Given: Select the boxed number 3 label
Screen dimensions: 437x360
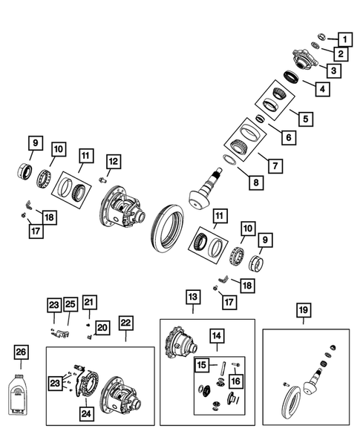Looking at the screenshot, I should click(335, 71).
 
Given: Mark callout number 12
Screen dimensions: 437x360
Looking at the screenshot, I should click(113, 161).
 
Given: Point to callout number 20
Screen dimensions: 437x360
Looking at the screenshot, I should click(102, 327).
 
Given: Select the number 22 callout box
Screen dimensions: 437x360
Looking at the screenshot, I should click(125, 323).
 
